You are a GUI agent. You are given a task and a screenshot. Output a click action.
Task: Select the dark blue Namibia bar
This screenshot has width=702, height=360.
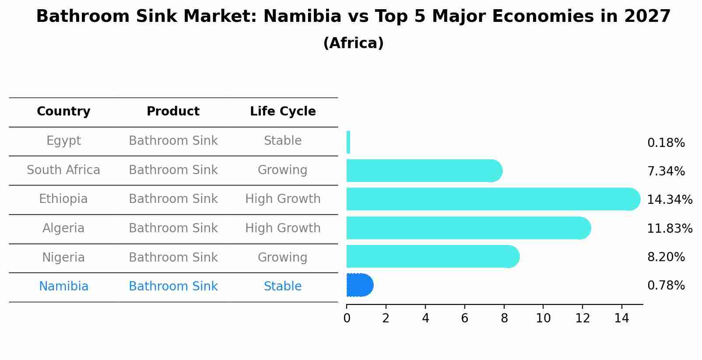(359, 285)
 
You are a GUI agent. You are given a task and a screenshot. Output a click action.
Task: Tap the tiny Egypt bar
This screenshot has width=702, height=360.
(348, 142)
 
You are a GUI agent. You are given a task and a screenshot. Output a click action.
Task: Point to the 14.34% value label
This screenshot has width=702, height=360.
(669, 200)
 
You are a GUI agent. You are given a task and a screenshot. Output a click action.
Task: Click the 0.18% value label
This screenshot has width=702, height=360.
(666, 143)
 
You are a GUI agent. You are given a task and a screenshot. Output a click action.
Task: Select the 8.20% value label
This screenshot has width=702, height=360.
(666, 257)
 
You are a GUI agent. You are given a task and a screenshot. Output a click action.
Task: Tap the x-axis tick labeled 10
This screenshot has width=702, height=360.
(543, 318)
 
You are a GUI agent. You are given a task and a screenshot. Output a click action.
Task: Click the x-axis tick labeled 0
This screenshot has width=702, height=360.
(347, 318)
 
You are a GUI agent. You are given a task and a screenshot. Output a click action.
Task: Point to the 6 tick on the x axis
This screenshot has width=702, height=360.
(464, 318)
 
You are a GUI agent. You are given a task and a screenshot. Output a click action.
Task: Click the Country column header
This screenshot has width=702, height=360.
(63, 112)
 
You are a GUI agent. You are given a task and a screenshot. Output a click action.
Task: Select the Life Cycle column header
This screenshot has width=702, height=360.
(283, 112)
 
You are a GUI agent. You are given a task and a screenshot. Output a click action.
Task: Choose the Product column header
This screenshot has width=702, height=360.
(173, 112)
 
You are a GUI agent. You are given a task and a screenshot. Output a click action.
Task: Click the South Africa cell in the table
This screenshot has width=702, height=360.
(63, 170)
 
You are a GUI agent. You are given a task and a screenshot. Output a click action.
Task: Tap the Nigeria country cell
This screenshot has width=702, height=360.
(63, 258)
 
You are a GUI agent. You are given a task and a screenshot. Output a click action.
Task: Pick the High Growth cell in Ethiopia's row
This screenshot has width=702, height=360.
(283, 199)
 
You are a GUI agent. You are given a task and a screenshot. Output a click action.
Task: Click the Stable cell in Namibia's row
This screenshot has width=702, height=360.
(283, 287)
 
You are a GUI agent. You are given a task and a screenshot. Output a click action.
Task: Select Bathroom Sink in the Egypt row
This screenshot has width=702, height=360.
(173, 141)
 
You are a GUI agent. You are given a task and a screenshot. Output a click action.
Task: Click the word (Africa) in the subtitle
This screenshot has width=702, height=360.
(353, 43)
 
